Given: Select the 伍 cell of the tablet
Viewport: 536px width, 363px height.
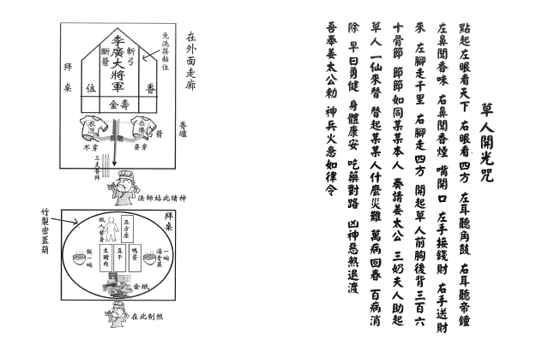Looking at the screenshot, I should coord(89,88).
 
